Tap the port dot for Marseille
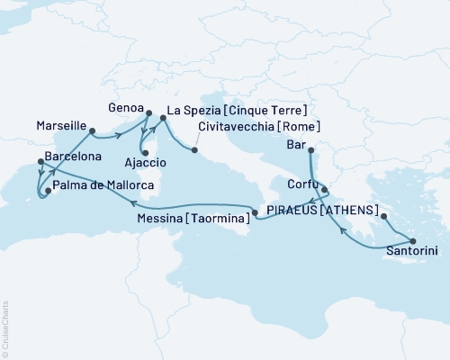click(x=94, y=131)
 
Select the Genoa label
click(x=124, y=105)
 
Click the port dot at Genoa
click(x=148, y=112)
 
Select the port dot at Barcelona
click(x=40, y=162)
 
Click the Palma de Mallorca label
click(x=103, y=185)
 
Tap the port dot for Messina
click(x=256, y=213)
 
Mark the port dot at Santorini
click(x=413, y=240)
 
